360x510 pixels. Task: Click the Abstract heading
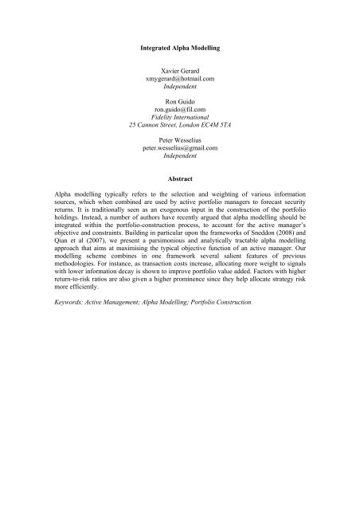tap(179, 202)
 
